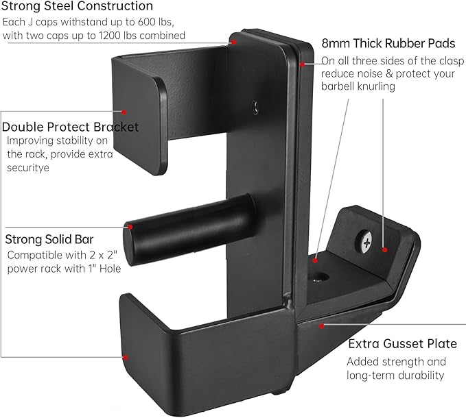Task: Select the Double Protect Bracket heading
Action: [71, 127]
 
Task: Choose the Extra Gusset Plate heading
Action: [401, 343]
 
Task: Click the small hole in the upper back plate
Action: [256, 106]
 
